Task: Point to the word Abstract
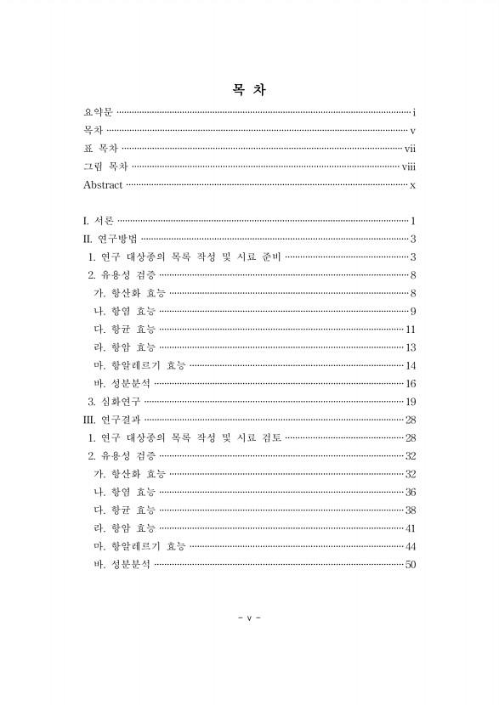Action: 103,185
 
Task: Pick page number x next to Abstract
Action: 411,185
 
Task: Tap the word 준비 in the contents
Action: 268,257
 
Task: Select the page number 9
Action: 411,311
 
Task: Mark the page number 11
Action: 410,329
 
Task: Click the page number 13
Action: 410,347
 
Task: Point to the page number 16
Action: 410,383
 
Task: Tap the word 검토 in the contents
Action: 268,437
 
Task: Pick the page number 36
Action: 410,492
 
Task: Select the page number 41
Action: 410,527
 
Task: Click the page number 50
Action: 410,564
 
